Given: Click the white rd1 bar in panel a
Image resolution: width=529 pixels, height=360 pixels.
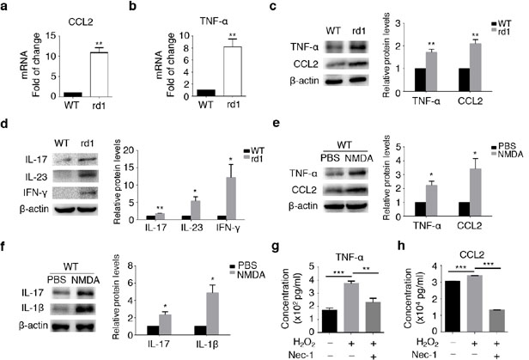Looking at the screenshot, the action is pyautogui.click(x=99, y=74).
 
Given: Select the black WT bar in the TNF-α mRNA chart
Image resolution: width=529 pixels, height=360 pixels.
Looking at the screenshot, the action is pyautogui.click(x=206, y=93).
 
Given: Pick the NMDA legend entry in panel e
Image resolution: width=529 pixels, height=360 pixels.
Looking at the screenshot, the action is pyautogui.click(x=507, y=154).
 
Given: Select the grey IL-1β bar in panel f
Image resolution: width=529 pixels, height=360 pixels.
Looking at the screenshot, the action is pyautogui.click(x=212, y=314).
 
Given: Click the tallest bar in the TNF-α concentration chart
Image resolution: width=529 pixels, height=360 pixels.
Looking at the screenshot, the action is pyautogui.click(x=351, y=308).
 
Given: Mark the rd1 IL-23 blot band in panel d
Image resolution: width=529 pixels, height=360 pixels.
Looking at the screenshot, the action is pyautogui.click(x=88, y=176).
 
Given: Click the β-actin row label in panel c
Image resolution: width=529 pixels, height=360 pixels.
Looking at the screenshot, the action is pyautogui.click(x=304, y=81).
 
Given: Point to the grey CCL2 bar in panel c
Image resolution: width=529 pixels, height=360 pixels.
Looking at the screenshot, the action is pyautogui.click(x=476, y=67).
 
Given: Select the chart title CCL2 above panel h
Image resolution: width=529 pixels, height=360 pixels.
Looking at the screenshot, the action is pyautogui.click(x=471, y=255).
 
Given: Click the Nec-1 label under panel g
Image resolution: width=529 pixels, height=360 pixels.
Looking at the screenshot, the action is pyautogui.click(x=302, y=355).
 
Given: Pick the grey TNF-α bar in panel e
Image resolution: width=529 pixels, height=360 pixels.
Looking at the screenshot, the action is pyautogui.click(x=431, y=200).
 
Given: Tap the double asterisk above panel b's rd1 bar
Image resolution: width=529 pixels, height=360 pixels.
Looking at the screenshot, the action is pyautogui.click(x=233, y=35).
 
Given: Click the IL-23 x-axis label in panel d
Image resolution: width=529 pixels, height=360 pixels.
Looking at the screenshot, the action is pyautogui.click(x=192, y=228).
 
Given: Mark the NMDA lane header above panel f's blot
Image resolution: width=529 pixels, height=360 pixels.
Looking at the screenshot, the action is pyautogui.click(x=85, y=280).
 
